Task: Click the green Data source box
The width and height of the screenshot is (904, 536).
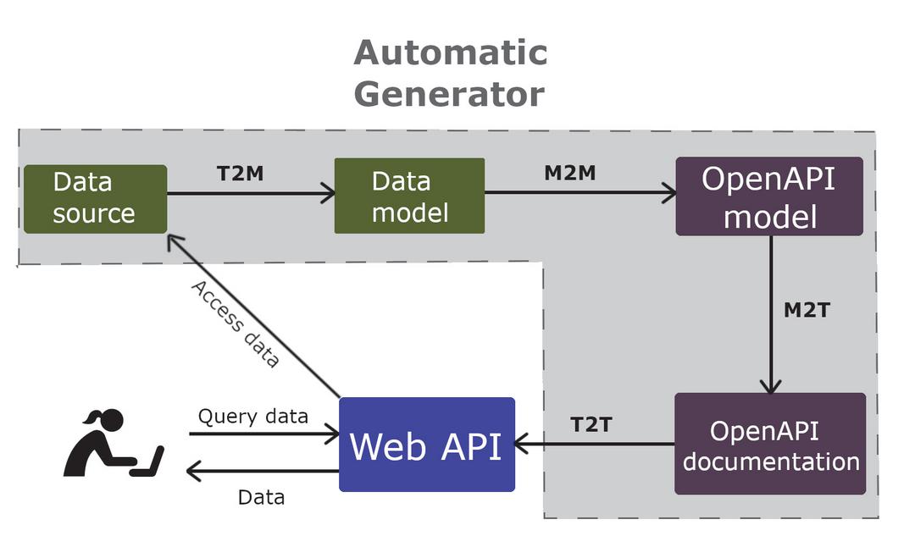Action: (95, 198)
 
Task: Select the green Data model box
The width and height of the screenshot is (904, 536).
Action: (409, 196)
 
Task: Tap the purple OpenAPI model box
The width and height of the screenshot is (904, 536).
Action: (769, 196)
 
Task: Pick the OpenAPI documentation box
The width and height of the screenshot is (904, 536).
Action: (769, 445)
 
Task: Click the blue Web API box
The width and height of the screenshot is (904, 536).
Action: (427, 445)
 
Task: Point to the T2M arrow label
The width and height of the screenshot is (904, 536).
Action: (240, 174)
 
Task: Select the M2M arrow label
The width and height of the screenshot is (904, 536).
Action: (569, 173)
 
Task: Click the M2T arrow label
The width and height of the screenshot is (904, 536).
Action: (806, 310)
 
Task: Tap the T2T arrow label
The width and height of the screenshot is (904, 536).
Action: (591, 424)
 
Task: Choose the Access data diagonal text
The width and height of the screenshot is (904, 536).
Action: (235, 323)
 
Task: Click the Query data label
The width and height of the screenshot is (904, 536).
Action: (252, 417)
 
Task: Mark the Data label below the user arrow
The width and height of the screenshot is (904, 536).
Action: (261, 498)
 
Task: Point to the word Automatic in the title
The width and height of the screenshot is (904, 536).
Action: (451, 52)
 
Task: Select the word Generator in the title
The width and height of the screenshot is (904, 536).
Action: (449, 94)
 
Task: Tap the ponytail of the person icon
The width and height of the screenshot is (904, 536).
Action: (91, 417)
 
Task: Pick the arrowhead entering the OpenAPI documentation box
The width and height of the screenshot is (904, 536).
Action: (769, 385)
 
